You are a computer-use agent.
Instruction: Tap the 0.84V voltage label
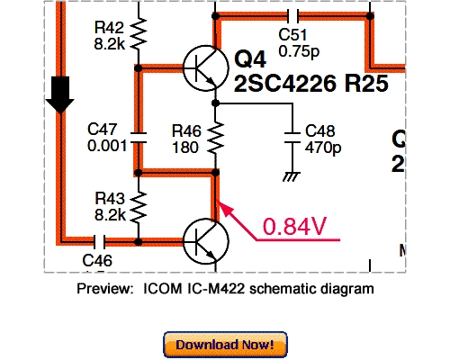[x=293, y=228]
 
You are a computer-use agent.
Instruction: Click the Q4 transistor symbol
[x=203, y=67]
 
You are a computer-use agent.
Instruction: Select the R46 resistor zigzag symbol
[x=216, y=139]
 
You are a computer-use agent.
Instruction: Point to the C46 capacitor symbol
[x=99, y=241]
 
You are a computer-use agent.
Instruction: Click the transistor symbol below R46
[x=205, y=241]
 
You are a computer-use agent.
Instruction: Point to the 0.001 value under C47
[x=106, y=146]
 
